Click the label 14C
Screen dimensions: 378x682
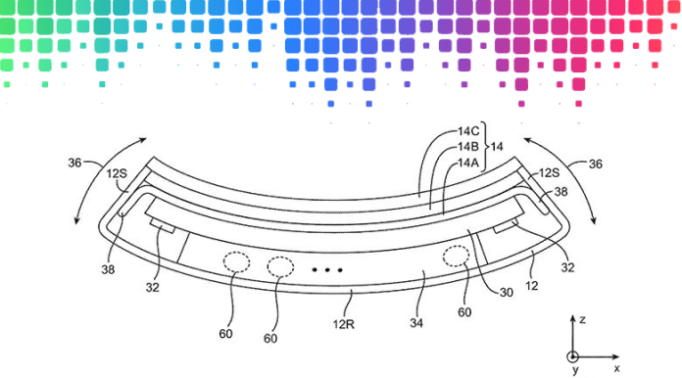click(x=467, y=131)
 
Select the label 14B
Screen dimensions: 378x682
click(x=467, y=147)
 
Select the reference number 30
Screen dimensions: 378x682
click(x=506, y=291)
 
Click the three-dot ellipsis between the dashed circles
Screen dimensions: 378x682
click(x=326, y=268)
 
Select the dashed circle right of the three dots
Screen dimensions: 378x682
click(x=456, y=257)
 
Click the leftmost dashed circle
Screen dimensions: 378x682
click(x=235, y=261)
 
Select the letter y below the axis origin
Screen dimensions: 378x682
click(x=575, y=372)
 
